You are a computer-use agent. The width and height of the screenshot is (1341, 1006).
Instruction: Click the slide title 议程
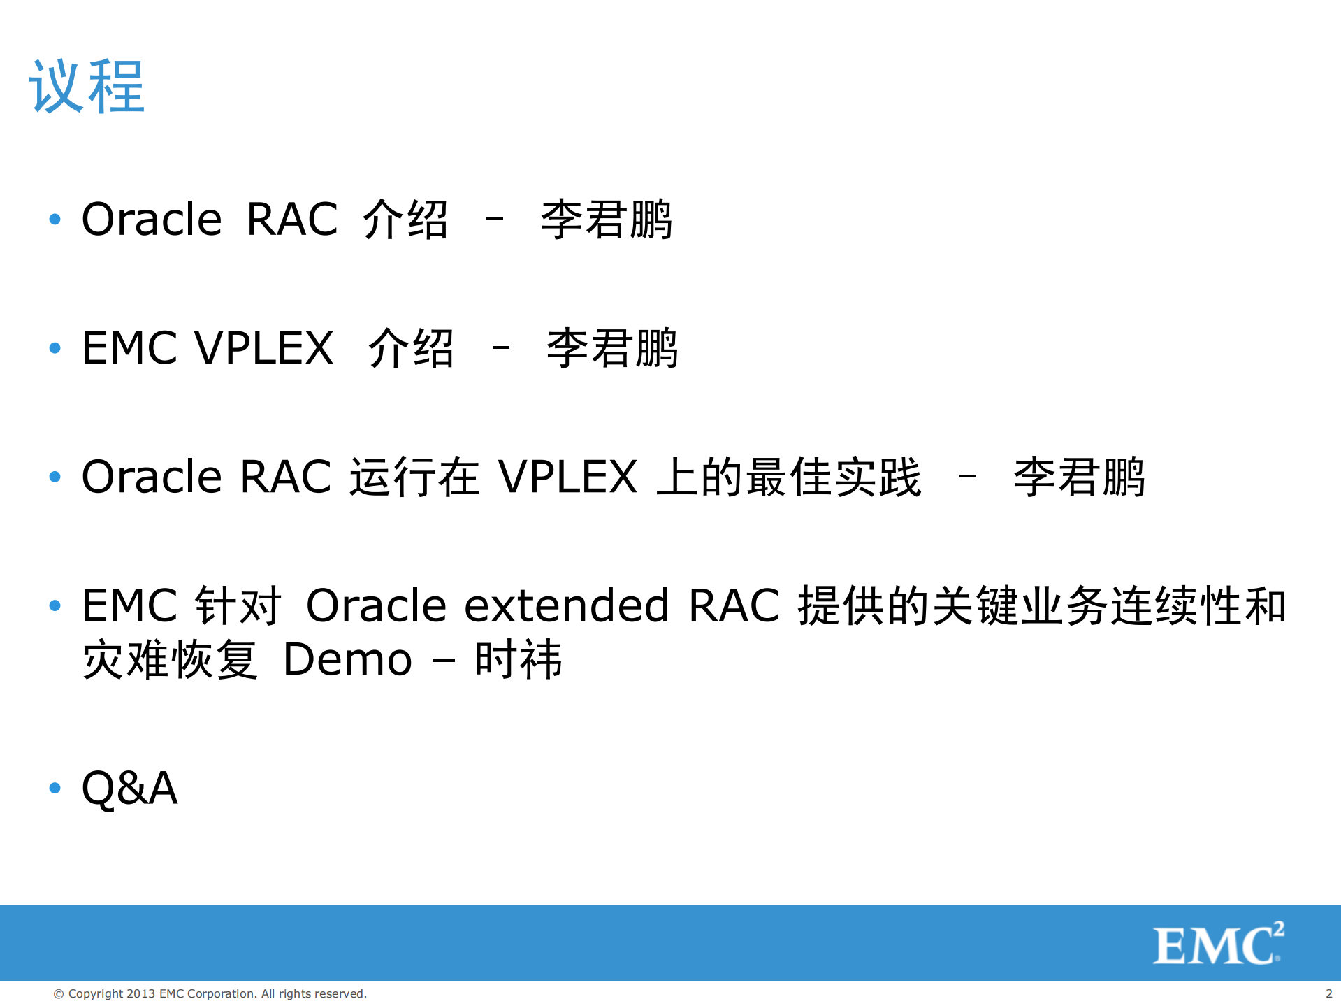(x=87, y=87)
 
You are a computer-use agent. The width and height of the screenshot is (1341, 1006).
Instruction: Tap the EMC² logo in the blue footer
(x=1218, y=944)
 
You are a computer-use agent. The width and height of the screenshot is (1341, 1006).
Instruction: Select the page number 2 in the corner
(x=1328, y=993)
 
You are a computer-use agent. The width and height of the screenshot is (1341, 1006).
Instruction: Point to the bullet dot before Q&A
(x=55, y=788)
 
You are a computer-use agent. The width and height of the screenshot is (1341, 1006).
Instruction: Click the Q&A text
(x=130, y=788)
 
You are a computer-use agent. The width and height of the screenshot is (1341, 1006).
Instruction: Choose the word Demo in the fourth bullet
(x=347, y=659)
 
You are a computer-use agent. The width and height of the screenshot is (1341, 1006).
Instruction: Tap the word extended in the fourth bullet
(x=567, y=605)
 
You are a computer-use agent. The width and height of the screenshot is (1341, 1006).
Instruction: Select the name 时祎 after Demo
(x=518, y=659)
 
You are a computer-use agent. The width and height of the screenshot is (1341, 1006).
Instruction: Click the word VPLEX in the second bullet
(x=263, y=348)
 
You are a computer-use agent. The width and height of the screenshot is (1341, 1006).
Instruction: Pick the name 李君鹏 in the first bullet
(x=606, y=220)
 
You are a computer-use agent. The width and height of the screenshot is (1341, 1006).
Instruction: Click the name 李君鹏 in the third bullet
(x=1079, y=477)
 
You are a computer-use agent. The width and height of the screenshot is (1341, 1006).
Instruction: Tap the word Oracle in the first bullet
(x=152, y=220)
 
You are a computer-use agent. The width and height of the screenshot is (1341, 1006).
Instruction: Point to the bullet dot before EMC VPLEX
(x=55, y=347)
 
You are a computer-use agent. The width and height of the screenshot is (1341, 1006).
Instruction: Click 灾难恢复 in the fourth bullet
(x=170, y=659)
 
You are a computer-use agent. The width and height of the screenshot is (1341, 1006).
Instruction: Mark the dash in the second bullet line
(x=500, y=347)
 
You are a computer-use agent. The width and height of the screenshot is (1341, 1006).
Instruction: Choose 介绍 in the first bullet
(x=405, y=220)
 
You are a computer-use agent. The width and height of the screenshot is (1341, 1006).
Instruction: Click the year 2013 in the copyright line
(x=141, y=993)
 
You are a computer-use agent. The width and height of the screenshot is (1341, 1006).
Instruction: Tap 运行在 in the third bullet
(x=414, y=477)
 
